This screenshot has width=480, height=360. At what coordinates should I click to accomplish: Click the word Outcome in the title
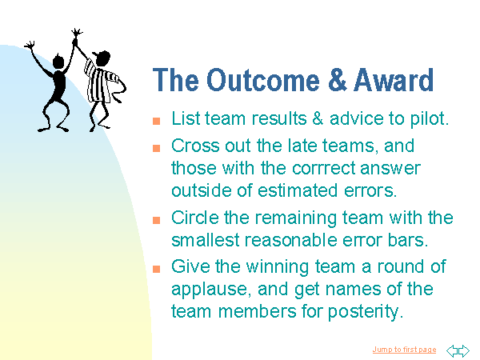263,80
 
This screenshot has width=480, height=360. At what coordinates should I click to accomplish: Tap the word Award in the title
394,80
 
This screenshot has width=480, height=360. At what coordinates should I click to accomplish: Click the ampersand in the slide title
337,80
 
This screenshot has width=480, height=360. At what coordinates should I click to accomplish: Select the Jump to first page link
404,350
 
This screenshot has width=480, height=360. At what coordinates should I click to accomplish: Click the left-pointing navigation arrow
452,351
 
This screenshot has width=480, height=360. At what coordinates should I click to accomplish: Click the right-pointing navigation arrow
464,351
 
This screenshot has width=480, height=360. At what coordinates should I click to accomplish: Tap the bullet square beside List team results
157,121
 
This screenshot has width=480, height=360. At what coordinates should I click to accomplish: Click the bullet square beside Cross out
157,148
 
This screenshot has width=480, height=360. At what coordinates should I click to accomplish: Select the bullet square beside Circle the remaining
157,220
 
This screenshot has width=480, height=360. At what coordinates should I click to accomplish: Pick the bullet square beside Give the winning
157,269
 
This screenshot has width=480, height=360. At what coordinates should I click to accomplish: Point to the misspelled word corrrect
324,169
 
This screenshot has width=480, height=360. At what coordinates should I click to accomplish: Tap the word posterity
366,312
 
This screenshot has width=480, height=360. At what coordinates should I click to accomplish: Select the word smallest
205,240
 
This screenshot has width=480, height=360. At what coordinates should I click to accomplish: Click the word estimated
298,190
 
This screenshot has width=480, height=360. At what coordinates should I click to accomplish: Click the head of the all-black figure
58,61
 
